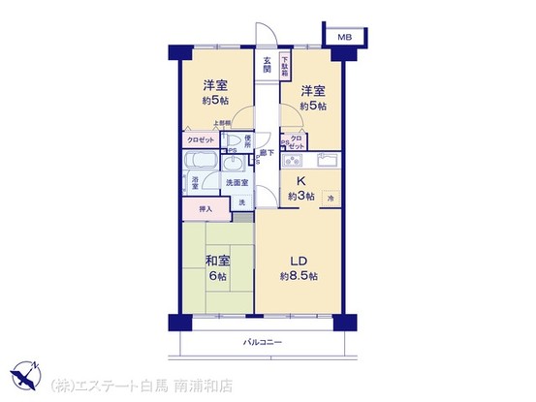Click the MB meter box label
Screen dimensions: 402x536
click(x=345, y=37)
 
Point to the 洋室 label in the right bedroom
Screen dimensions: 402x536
click(x=312, y=91)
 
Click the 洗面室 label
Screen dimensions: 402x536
click(x=237, y=182)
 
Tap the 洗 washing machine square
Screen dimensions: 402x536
click(x=242, y=201)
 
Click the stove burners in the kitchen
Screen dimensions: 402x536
click(x=294, y=160)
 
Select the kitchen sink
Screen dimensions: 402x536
click(x=325, y=160)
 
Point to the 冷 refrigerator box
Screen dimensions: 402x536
click(x=331, y=199)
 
